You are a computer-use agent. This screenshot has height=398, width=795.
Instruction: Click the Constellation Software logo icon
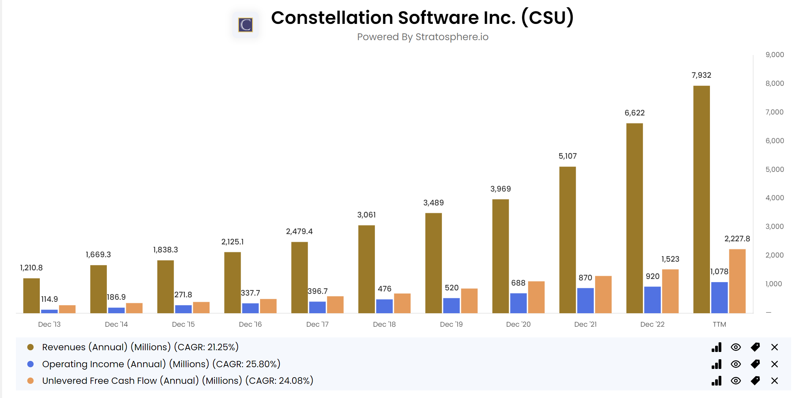tap(246, 25)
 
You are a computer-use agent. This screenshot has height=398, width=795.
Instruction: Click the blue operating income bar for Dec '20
tap(518, 303)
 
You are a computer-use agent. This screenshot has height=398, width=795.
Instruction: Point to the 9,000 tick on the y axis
tap(774, 55)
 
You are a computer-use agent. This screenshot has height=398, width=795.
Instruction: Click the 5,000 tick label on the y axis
tap(774, 169)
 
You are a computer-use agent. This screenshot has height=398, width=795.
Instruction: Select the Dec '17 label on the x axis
tap(317, 324)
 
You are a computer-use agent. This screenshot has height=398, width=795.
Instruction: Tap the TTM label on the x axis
tap(719, 324)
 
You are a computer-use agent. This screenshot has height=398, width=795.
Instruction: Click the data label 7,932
tap(701, 75)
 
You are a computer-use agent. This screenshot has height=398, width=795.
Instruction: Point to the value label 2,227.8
tap(737, 238)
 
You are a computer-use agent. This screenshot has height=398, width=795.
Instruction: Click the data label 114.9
tap(49, 299)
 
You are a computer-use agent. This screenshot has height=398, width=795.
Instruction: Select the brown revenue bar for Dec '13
tap(31, 296)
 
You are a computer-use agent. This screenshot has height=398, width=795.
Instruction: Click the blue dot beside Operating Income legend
tap(30, 364)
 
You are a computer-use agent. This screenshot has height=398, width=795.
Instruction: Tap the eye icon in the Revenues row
tap(736, 347)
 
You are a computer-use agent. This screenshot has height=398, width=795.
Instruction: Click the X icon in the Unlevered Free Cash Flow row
tap(774, 381)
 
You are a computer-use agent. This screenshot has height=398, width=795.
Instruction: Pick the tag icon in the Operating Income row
tap(755, 364)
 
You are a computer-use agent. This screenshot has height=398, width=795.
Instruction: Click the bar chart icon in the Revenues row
tap(717, 347)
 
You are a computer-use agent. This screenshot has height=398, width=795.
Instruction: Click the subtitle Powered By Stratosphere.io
tap(423, 37)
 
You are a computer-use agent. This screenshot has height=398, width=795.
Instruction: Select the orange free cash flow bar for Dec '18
tap(402, 303)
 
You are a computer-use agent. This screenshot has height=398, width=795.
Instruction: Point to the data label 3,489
tap(433, 202)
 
